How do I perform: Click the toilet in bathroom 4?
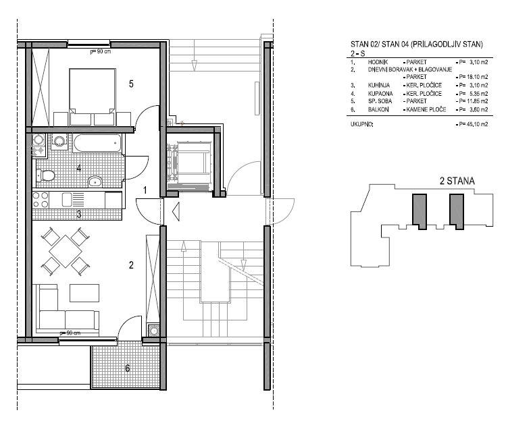(46, 175)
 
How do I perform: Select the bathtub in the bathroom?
(97, 143)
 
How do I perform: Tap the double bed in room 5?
(93, 96)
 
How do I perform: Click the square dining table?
(65, 251)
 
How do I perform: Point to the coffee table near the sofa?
(84, 293)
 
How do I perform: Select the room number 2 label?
(131, 265)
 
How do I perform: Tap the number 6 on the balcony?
(128, 368)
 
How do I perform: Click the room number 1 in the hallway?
(145, 190)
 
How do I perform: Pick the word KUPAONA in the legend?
(380, 94)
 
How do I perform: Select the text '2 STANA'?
(457, 181)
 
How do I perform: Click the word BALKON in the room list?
(378, 109)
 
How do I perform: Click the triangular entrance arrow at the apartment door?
(176, 212)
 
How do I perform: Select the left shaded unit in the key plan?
(420, 211)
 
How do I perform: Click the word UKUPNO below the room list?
(361, 124)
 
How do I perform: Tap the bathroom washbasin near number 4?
(95, 181)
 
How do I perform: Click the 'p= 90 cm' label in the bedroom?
(101, 51)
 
